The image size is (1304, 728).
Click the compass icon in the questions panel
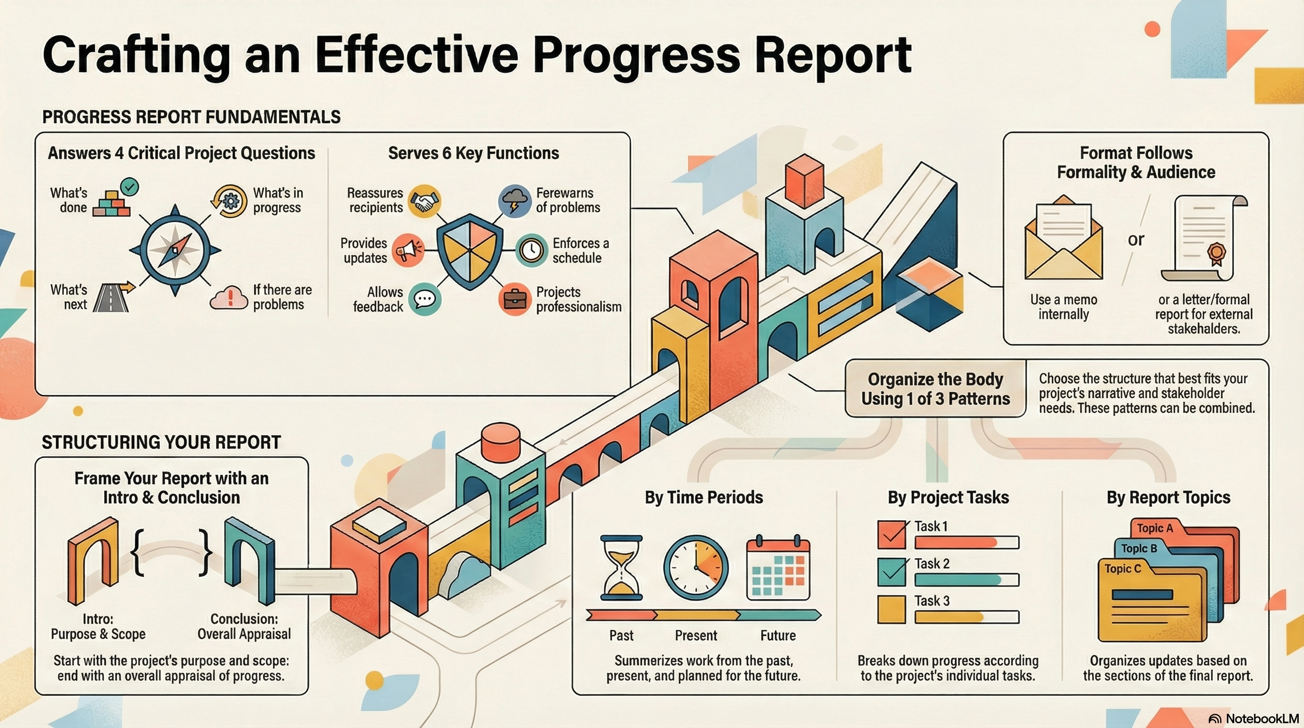coord(175,250)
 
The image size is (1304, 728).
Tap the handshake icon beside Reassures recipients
coord(424,201)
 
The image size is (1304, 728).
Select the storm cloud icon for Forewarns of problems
coord(514,201)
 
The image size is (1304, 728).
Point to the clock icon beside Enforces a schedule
coord(531,250)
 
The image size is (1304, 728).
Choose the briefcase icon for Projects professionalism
coord(514,299)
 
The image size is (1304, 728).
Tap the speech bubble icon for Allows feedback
coord(424,299)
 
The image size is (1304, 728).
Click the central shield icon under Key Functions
coord(470,250)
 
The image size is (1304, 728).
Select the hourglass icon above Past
coord(621,567)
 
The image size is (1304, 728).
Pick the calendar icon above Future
coord(778,567)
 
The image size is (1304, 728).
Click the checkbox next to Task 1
coord(891,535)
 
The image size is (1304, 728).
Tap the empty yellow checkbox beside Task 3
coord(891,609)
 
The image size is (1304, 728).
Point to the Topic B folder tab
coord(1139,548)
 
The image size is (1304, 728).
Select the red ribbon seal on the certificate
coord(1216,252)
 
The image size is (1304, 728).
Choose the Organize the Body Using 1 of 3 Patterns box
coord(935,389)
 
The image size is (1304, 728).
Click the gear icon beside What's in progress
coord(230,201)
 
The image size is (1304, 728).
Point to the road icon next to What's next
coord(112,297)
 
